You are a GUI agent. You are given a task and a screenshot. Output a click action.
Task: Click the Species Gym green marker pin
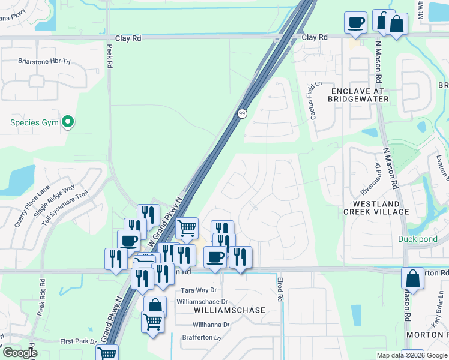click(x=68, y=122)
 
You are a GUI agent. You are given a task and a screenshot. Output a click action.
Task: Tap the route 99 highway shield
click(x=242, y=113)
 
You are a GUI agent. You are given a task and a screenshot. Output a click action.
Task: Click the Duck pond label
click(x=418, y=239)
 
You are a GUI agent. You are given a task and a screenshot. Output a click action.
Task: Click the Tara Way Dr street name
click(x=198, y=290)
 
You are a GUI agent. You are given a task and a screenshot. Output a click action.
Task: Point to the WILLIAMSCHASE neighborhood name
click(x=230, y=310)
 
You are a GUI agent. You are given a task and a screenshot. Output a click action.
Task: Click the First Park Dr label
click(x=77, y=341)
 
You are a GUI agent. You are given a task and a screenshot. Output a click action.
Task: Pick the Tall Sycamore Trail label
click(x=65, y=208)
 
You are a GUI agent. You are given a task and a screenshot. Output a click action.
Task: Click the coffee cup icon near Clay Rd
click(x=355, y=23)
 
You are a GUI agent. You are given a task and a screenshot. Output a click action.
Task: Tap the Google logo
click(x=20, y=352)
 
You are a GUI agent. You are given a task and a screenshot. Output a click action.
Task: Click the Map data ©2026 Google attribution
click(x=411, y=355)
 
